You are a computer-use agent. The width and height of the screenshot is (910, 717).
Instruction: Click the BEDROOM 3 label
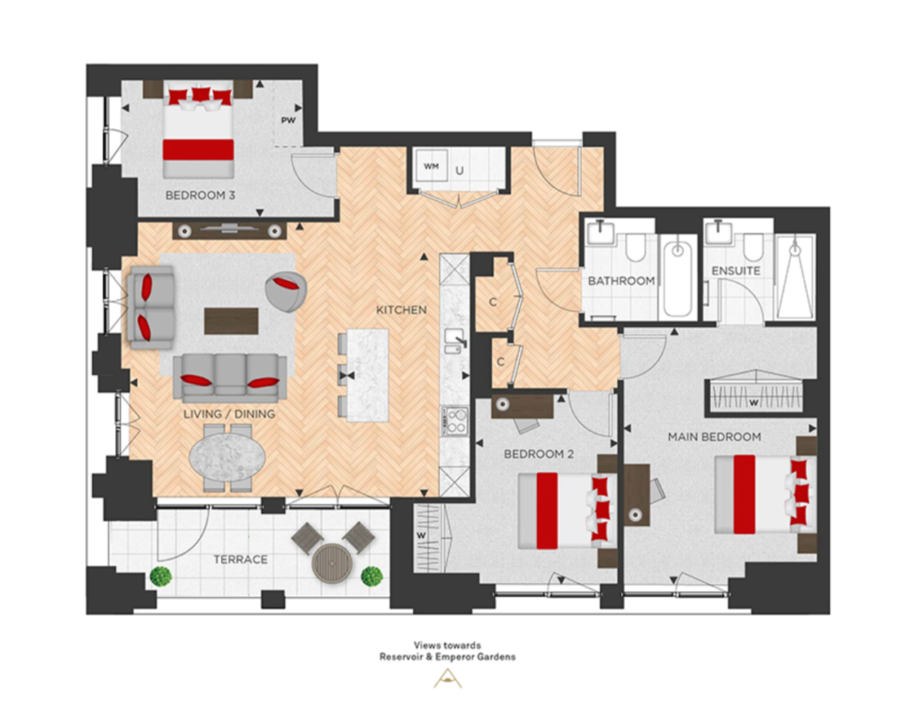point(200,195)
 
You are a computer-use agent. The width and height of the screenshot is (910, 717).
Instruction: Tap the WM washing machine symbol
point(432,166)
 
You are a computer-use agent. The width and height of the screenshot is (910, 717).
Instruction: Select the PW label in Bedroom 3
point(289,121)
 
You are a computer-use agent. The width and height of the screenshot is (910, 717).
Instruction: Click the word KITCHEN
point(402,310)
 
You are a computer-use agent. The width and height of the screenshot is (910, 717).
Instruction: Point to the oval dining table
point(227,456)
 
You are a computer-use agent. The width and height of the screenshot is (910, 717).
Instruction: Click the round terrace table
point(332,562)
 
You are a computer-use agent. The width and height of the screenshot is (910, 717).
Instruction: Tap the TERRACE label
point(240,560)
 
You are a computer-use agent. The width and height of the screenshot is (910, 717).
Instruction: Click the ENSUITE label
point(736,271)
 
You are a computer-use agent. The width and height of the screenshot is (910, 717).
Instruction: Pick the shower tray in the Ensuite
point(795,277)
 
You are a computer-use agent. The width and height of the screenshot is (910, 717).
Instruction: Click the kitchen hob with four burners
point(454,421)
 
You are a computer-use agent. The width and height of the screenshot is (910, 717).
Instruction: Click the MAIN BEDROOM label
point(714,437)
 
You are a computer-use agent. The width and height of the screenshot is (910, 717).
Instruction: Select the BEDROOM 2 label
point(539,454)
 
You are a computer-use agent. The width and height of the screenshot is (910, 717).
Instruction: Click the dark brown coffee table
point(232,321)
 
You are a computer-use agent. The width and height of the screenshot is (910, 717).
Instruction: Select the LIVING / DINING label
point(229,414)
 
